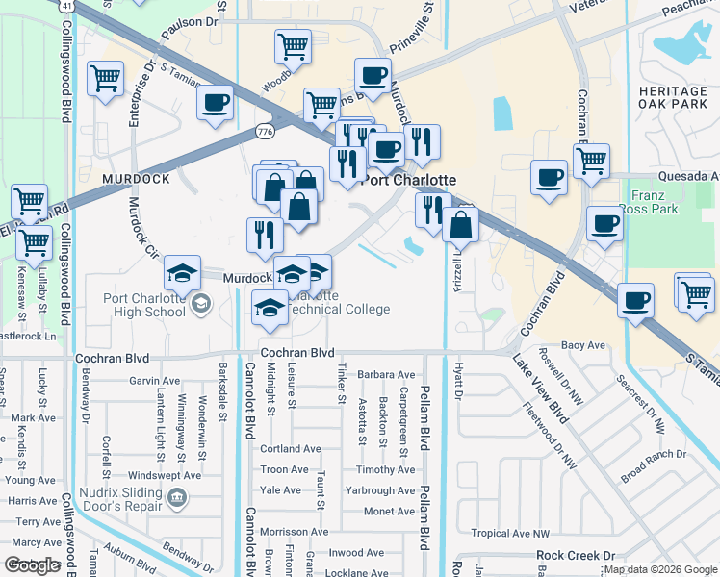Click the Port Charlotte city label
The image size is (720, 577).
coord(408,180)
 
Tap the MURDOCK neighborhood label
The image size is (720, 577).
coord(135,179)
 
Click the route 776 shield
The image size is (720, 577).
coord(265,130)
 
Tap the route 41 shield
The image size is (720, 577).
coord(65,5)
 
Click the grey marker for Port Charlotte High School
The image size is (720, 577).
coord(201,305)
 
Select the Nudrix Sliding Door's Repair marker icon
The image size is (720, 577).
coord(178,497)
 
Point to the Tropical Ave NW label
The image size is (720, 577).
coord(509,533)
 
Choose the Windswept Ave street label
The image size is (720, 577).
coord(165,475)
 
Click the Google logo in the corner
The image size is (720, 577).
coord(33,565)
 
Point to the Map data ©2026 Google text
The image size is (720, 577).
coord(660,569)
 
